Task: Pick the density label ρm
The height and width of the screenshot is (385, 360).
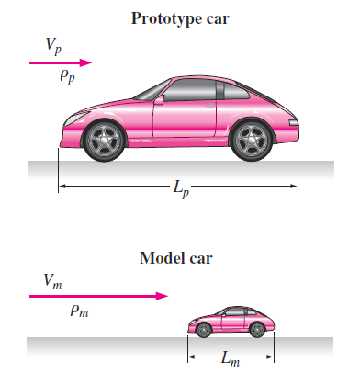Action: pos(80,312)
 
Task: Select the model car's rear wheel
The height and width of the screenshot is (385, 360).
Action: pos(257,328)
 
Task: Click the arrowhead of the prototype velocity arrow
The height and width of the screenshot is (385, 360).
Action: pos(88,63)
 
